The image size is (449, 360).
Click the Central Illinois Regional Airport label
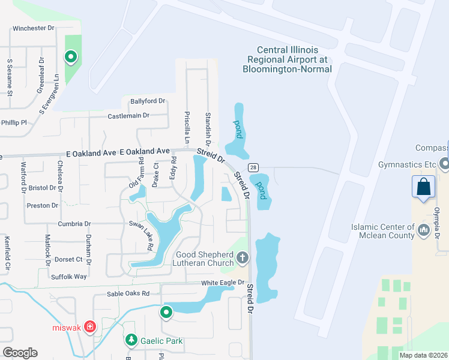click(x=287, y=59)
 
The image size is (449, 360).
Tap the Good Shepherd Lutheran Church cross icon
click(x=243, y=258)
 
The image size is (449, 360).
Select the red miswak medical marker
click(x=90, y=326)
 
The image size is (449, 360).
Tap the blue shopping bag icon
click(x=424, y=186)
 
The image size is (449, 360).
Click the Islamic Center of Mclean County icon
click(x=424, y=229)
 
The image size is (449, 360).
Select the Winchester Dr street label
click(x=33, y=28)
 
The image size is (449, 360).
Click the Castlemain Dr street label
click(x=128, y=115)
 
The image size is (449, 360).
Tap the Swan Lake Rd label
click(x=141, y=234)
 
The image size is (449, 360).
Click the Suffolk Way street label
click(x=68, y=277)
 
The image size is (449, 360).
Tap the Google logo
click(x=20, y=353)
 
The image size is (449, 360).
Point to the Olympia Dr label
click(x=438, y=222)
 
